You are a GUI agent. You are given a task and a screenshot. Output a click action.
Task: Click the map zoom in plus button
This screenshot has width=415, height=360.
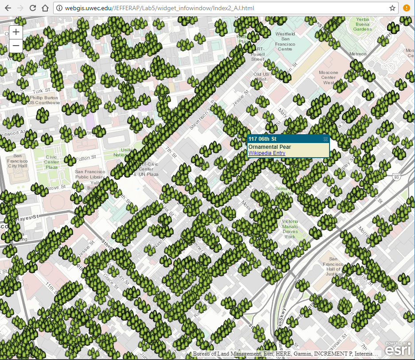[16, 32]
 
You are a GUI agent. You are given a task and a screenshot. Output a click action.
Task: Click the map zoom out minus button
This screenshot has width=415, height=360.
[16, 45]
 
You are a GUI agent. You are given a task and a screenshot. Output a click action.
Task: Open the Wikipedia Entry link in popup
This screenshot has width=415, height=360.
[267, 153]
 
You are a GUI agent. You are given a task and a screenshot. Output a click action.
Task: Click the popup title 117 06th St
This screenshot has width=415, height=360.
[263, 139]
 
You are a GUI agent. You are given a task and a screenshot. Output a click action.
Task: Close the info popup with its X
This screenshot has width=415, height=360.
[326, 139]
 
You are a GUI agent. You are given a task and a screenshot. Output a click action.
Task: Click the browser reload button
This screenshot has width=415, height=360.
[33, 8]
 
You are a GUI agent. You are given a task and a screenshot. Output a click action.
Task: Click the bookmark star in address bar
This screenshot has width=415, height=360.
[392, 8]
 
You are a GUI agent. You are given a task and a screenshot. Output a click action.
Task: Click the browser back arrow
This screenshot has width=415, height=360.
[8, 8]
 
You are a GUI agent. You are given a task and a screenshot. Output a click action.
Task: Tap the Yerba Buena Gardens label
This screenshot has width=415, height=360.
[362, 24]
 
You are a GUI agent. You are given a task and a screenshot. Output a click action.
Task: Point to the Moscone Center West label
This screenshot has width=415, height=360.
[328, 77]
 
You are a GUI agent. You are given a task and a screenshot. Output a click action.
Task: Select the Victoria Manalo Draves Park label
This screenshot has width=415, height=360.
[290, 229]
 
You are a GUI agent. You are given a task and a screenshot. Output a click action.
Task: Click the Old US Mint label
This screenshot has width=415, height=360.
[261, 77]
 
